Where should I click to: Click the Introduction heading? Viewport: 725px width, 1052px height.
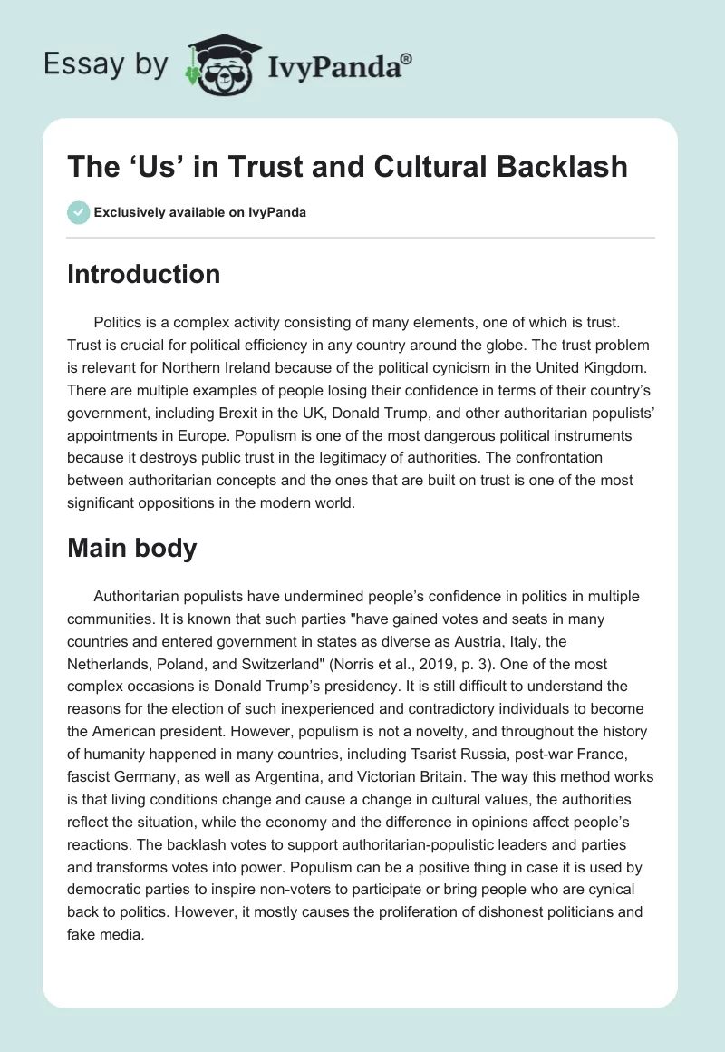[x=143, y=274]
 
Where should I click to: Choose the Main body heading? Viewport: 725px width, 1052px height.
[x=131, y=549]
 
